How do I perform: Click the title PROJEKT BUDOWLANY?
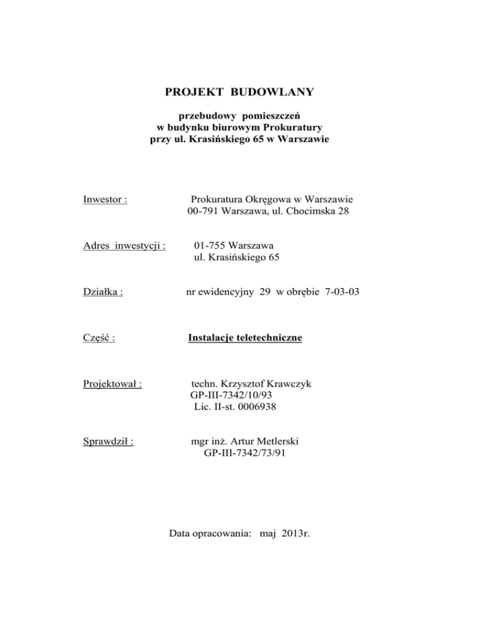tap(239, 93)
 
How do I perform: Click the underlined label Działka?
tap(102, 291)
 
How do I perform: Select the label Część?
tap(101, 338)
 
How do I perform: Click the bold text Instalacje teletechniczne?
tap(244, 338)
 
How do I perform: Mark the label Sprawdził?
tap(110, 442)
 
